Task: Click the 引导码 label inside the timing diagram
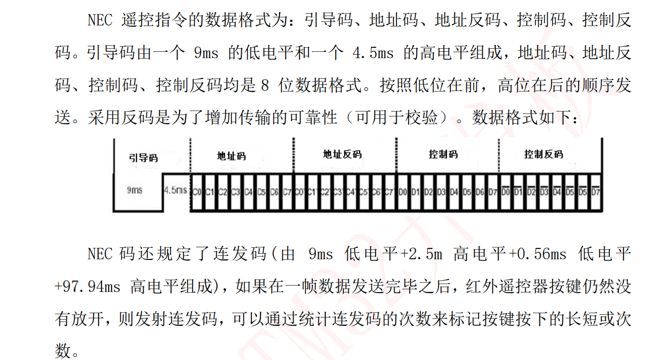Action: click(x=143, y=158)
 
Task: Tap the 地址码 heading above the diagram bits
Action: click(x=231, y=156)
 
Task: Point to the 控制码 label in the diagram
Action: click(x=443, y=154)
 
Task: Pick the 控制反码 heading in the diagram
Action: click(x=543, y=154)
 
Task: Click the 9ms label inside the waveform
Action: click(x=135, y=190)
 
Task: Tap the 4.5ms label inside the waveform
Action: click(x=175, y=191)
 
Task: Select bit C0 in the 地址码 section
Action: click(x=197, y=192)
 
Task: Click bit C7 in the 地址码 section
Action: click(x=287, y=192)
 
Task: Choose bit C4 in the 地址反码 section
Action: click(x=351, y=192)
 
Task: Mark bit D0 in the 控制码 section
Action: click(x=402, y=192)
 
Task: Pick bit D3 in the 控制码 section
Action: click(x=441, y=192)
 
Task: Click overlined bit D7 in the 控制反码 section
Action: click(x=596, y=192)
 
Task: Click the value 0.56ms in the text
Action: click(x=543, y=254)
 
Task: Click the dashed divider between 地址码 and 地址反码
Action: click(x=293, y=161)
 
